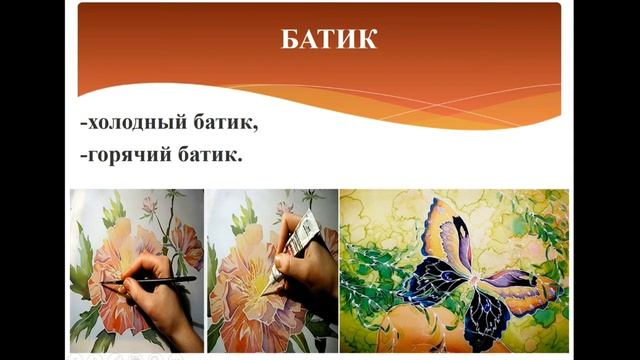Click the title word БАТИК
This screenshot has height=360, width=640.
329,40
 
